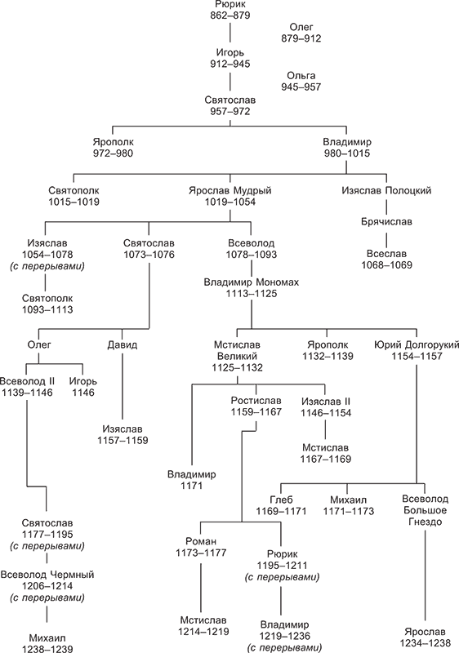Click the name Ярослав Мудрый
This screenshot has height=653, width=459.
tap(230, 191)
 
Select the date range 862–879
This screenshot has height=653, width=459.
tap(230, 16)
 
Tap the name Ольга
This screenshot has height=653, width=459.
tap(301, 76)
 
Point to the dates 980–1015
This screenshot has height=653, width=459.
tap(347, 153)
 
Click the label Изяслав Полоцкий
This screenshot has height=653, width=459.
tap(386, 191)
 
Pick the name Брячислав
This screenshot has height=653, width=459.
tap(386, 221)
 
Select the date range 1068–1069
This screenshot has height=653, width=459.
tap(386, 264)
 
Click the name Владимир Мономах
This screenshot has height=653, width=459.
tap(252, 282)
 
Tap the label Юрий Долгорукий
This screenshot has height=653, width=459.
tap(416, 344)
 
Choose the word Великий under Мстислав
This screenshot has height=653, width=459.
tap(237, 357)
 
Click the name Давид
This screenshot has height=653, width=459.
tap(122, 345)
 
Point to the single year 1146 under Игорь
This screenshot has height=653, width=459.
tap(83, 393)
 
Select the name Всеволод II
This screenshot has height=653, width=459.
tap(27, 380)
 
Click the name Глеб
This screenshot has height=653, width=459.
tap(281, 500)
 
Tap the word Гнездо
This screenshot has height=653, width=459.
tap(425, 522)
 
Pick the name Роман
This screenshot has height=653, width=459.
tap(201, 541)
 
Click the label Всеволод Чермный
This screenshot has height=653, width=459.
tap(47, 575)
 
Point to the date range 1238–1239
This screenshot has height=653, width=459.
tap(47, 649)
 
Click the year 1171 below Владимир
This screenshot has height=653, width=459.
tap(192, 486)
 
